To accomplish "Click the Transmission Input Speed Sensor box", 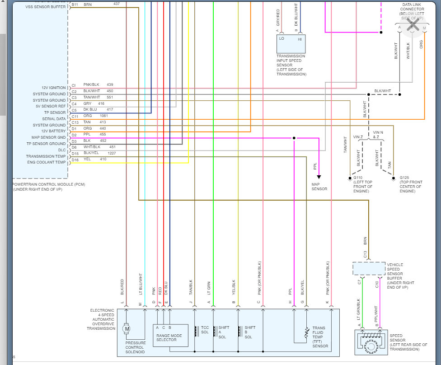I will [x=291, y=43].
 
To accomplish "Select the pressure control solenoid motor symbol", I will [x=127, y=329].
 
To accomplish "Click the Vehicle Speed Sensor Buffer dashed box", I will [x=369, y=269].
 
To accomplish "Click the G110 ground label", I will [x=358, y=178].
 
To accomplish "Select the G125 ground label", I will [x=404, y=178].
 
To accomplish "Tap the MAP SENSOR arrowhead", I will [x=319, y=177].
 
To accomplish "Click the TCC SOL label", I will [x=205, y=330].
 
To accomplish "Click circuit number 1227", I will [x=112, y=153].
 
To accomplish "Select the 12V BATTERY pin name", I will [x=53, y=131].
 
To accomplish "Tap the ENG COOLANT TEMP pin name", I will [x=47, y=162].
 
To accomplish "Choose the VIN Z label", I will [x=358, y=136].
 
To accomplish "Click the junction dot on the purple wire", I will [x=294, y=138].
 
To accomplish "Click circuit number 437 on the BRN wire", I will [x=116, y=4].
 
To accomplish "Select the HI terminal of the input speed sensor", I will [x=300, y=39].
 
